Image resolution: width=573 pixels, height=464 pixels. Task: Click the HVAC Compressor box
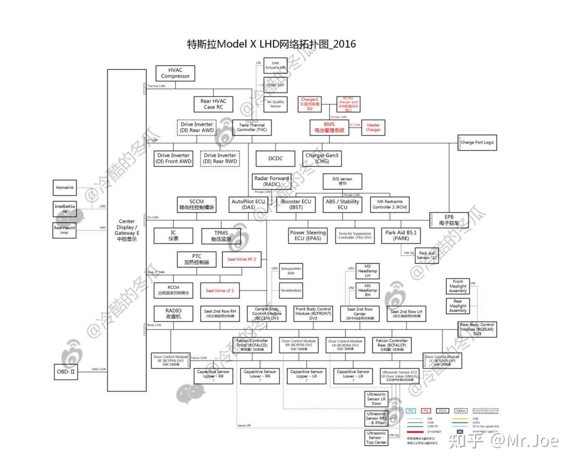pos(175,73)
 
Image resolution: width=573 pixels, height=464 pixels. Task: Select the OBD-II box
pos(65,372)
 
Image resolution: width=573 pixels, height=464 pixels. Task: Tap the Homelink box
pos(64,187)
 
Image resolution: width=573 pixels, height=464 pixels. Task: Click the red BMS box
pos(329,127)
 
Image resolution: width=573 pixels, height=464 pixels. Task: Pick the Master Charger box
pos(373,127)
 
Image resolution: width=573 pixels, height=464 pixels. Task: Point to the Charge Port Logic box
pos(477,142)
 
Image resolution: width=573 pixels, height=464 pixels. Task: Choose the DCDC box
pos(275,158)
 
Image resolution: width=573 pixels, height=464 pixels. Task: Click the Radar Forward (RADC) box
pos(272,181)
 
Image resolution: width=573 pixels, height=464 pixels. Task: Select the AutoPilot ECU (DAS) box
pos(248,204)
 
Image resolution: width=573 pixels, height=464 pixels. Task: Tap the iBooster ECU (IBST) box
pos(296,204)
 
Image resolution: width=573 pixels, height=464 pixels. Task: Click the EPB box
pos(449,220)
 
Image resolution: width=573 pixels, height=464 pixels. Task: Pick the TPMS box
pos(221,236)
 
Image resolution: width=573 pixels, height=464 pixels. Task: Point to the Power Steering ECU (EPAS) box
pos(308,235)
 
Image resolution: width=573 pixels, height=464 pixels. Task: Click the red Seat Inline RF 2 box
pos(242,259)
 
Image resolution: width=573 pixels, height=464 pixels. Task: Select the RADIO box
pos(173,313)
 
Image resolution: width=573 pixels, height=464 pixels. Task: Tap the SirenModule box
pos(291,290)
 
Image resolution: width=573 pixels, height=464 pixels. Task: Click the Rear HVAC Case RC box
pos(213,104)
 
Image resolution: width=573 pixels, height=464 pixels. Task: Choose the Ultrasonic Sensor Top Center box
pos(376,438)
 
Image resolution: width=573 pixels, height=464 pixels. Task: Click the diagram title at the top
pos(271,44)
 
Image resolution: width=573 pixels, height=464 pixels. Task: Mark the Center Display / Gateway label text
pos(127,230)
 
